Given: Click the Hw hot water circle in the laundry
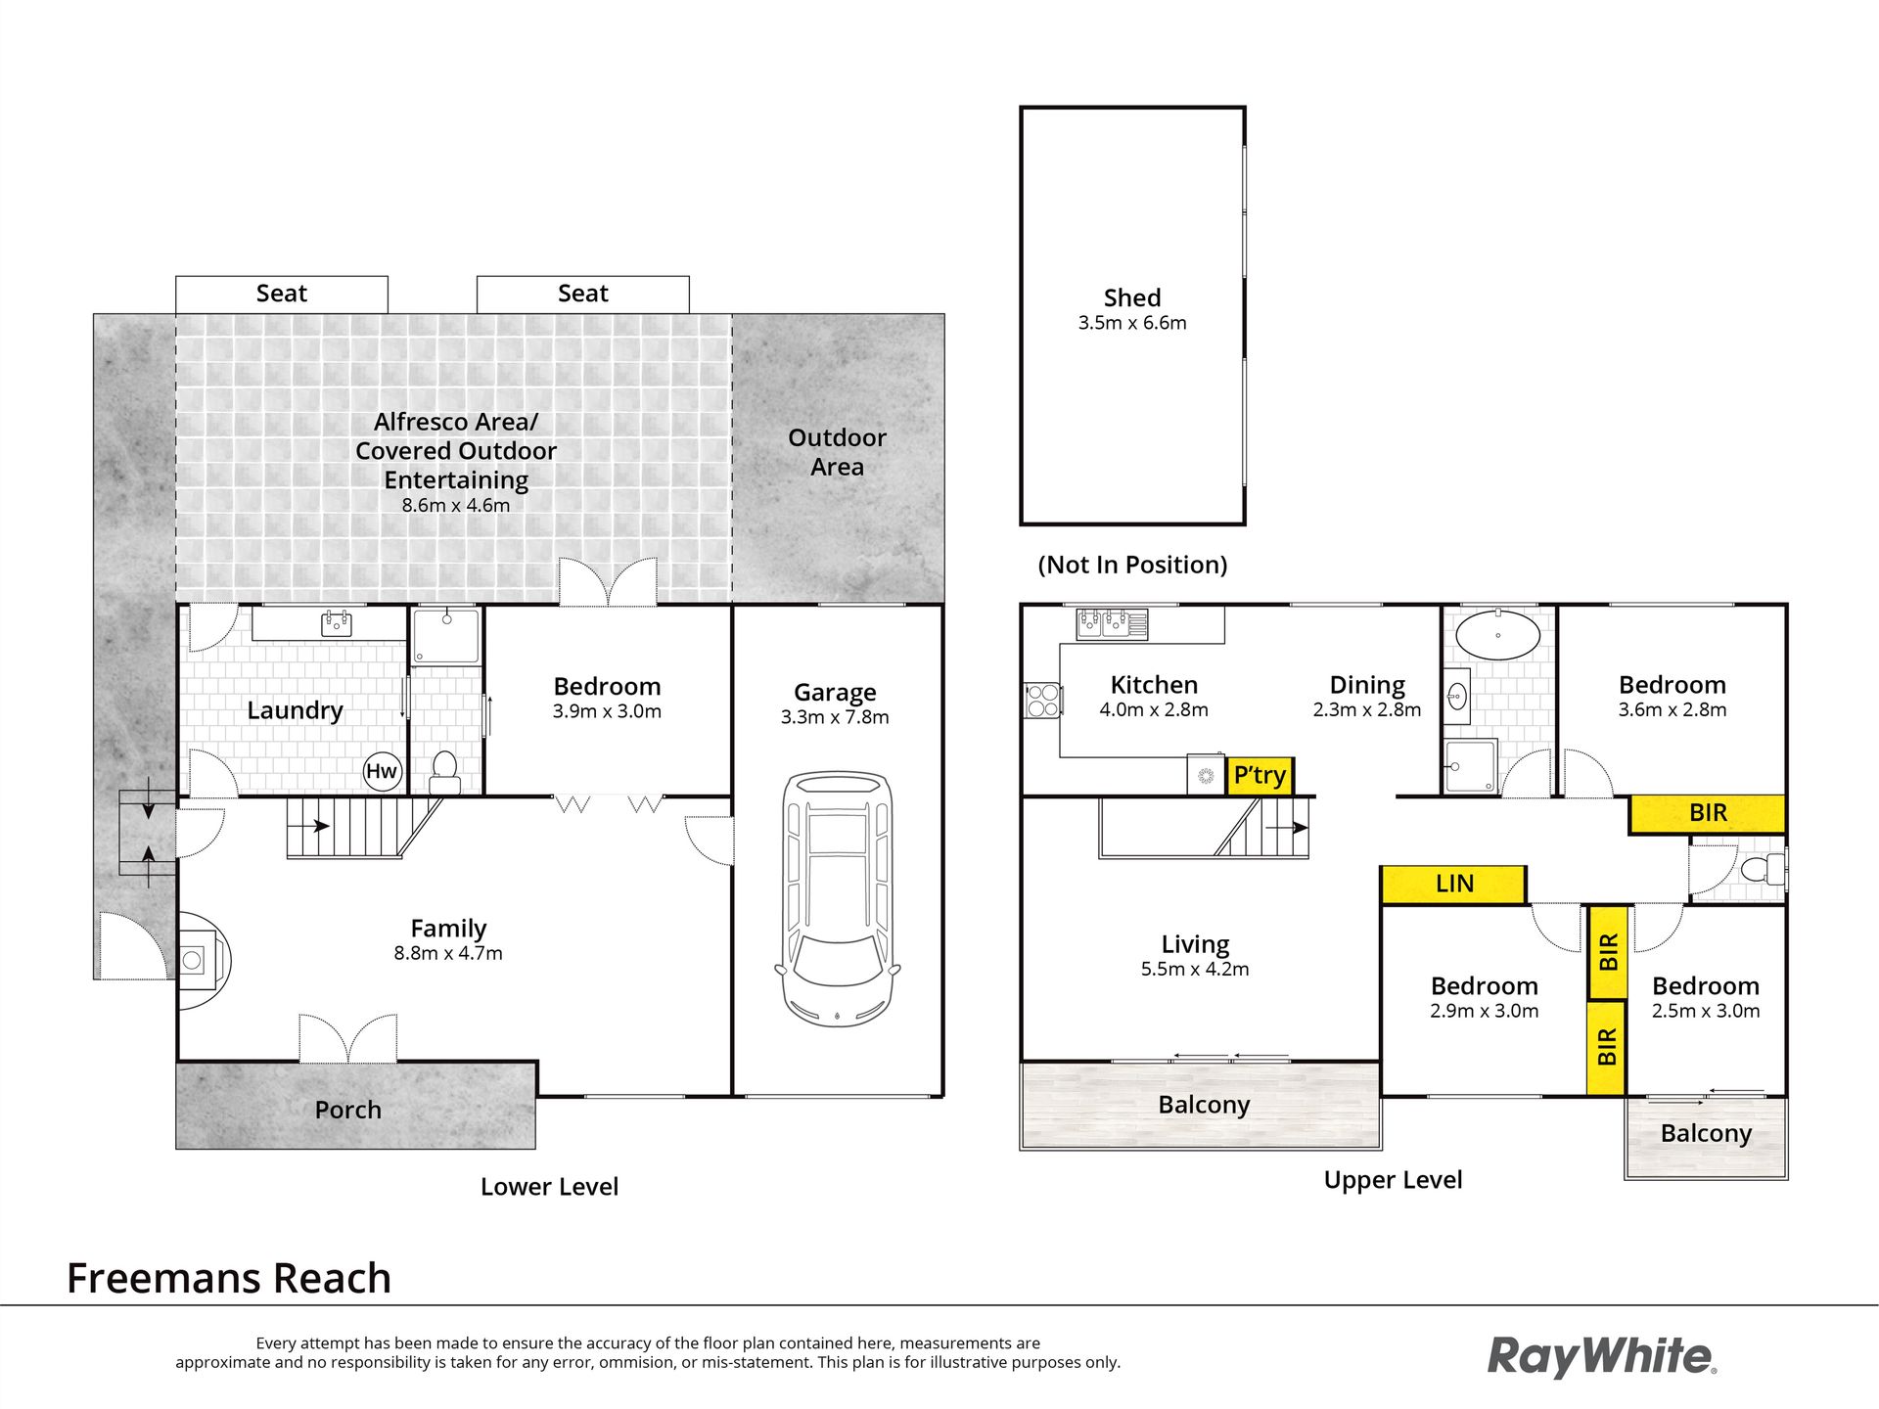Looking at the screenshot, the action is pyautogui.click(x=382, y=771).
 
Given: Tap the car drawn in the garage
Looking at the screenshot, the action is pyautogui.click(x=837, y=898).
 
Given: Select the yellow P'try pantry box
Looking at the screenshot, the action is pyautogui.click(x=1260, y=776).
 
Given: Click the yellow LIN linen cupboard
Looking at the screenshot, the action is pyautogui.click(x=1453, y=885).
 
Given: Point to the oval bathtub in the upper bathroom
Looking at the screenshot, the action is pyautogui.click(x=1496, y=634).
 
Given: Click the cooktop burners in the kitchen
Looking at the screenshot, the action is pyautogui.click(x=1042, y=700).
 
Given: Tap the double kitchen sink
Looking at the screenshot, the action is pyautogui.click(x=1112, y=624).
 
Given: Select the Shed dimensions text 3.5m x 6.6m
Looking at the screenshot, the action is pyautogui.click(x=1132, y=323).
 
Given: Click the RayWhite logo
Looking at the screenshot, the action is pyautogui.click(x=1602, y=1357).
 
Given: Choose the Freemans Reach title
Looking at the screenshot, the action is pyautogui.click(x=229, y=1278).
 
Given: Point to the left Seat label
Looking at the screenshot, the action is pyautogui.click(x=282, y=294).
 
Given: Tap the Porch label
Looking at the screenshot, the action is pyautogui.click(x=348, y=1110).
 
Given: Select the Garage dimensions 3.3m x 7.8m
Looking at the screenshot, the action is pyautogui.click(x=835, y=717).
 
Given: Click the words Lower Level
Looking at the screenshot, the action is pyautogui.click(x=549, y=1187).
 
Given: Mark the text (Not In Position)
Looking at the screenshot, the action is pyautogui.click(x=1132, y=565).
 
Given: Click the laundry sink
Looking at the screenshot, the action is pyautogui.click(x=336, y=623).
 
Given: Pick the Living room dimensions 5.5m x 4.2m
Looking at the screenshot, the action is pyautogui.click(x=1195, y=970).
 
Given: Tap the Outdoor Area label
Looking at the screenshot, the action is pyautogui.click(x=837, y=452).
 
